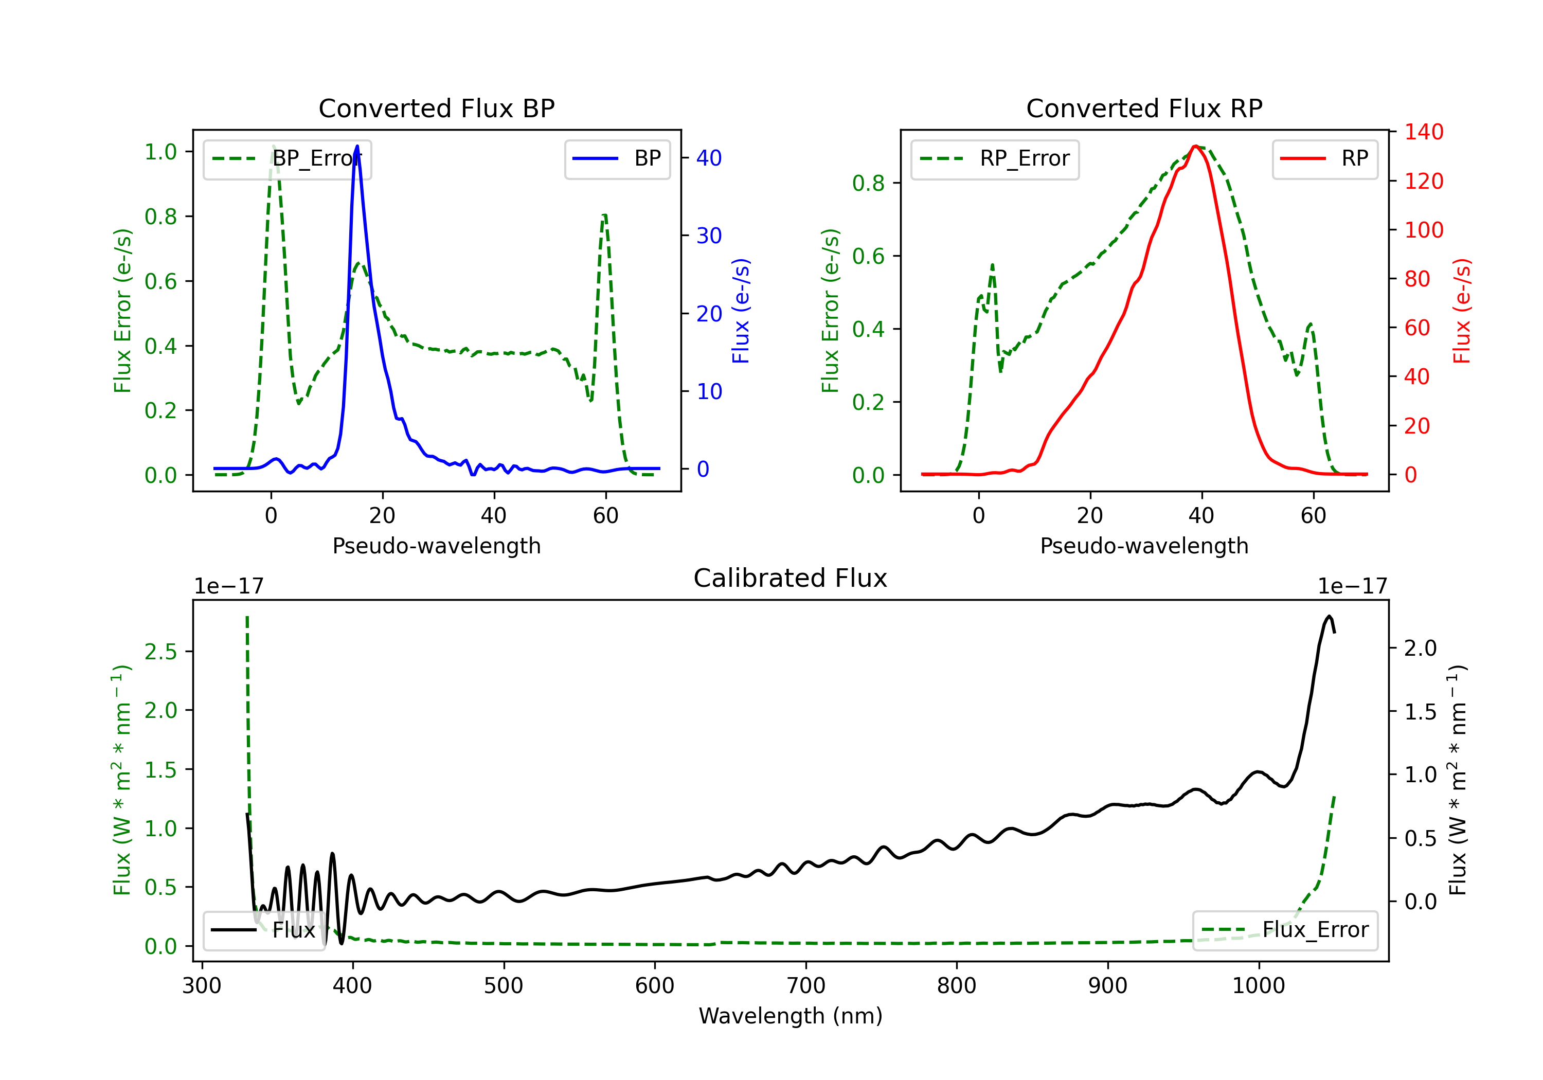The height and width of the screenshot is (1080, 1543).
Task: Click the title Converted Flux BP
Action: tap(437, 108)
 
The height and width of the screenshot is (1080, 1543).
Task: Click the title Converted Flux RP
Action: tap(1144, 108)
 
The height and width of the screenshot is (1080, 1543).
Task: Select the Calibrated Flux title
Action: tap(791, 578)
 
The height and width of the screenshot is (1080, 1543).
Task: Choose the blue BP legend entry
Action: tap(617, 158)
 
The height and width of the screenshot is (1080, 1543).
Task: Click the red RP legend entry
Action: tap(1324, 158)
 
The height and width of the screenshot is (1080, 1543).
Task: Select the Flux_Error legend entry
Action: tap(1285, 930)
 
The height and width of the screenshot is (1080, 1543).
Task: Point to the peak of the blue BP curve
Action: tap(357, 146)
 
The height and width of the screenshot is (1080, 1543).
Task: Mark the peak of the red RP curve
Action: tap(1195, 147)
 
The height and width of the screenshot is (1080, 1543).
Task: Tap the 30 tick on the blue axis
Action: tap(709, 235)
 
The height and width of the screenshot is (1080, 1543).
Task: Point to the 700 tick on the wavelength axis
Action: tap(806, 986)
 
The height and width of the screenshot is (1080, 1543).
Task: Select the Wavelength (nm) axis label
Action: tap(791, 1016)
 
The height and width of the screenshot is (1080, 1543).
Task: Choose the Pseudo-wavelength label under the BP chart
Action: tap(437, 546)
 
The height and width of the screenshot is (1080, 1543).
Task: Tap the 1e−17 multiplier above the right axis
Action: tap(1352, 586)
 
